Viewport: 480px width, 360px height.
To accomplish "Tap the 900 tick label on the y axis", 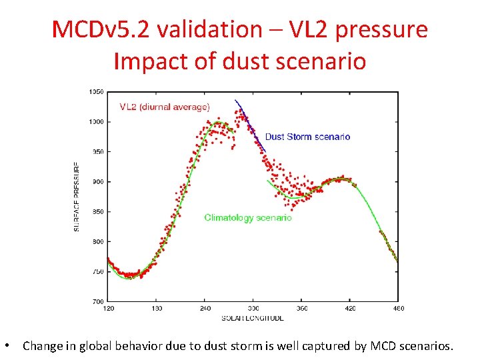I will pyautogui.click(x=97, y=182).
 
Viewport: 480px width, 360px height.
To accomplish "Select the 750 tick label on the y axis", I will pyautogui.click(x=97, y=272).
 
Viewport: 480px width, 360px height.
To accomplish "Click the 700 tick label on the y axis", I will pyautogui.click(x=97, y=301).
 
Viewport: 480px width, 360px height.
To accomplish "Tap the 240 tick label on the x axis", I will pyautogui.click(x=205, y=309).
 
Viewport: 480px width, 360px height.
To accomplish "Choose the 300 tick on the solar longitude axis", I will pyautogui.click(x=253, y=309).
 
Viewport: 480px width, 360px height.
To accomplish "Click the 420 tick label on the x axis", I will pyautogui.click(x=350, y=309).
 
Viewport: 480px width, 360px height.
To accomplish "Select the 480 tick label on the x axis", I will pyautogui.click(x=398, y=309).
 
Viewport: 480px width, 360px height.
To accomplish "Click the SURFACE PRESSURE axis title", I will pyautogui.click(x=77, y=196).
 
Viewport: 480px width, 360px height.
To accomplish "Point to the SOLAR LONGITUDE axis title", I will pyautogui.click(x=253, y=318).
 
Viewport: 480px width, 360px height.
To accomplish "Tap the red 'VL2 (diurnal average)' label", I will pyautogui.click(x=165, y=107).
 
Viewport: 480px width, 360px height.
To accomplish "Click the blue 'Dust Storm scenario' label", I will pyautogui.click(x=307, y=137).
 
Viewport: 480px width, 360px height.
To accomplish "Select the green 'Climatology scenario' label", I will pyautogui.click(x=248, y=217).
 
